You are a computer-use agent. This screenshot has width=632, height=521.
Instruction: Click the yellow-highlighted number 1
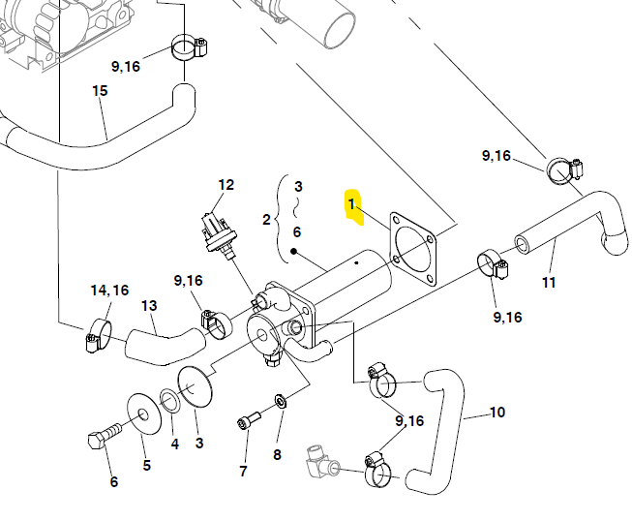351,204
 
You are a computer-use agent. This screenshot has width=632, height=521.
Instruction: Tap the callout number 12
226,185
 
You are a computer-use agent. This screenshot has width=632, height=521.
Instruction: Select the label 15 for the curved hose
100,91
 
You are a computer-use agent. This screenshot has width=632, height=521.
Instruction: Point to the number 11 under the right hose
549,282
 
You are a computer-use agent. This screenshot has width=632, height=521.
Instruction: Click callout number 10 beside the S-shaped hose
497,413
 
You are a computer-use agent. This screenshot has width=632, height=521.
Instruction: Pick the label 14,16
109,290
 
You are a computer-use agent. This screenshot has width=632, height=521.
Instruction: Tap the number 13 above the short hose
149,306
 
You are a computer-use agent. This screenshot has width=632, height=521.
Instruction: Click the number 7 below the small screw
243,471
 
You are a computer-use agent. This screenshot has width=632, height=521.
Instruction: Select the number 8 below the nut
277,454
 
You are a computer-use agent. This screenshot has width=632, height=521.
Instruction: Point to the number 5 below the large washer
147,465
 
